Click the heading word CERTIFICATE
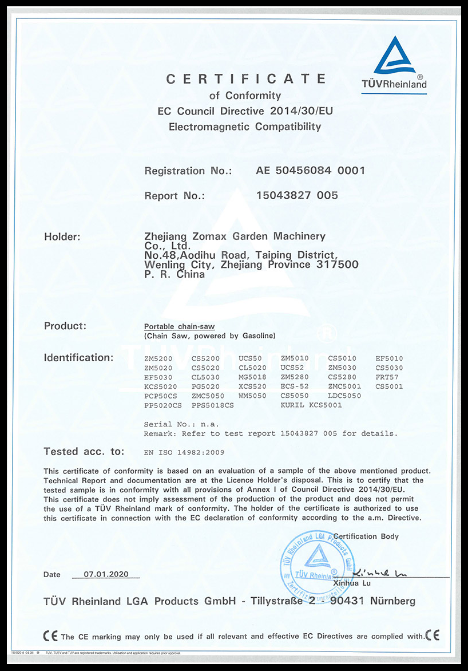pos(246,79)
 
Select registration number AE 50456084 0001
pos(310,171)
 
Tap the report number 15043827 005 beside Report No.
pos(297,195)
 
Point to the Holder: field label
pos(62,236)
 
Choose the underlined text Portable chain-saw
pos(179,326)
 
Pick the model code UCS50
pos(250,358)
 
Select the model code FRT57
pos(387,377)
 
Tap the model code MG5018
pos(252,377)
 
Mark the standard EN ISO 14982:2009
pos(183,452)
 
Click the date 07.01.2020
pos(106,574)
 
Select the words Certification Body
pos(366,536)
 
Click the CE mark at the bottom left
pos(50,636)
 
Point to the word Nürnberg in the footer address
pos(392,602)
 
